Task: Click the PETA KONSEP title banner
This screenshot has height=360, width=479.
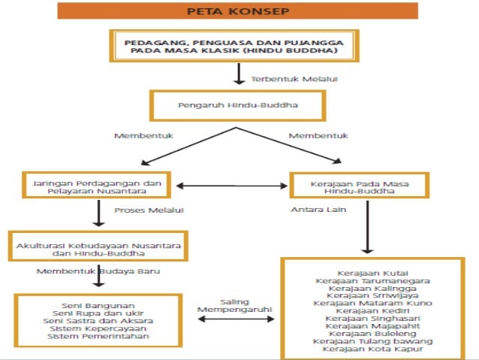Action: pos(239,12)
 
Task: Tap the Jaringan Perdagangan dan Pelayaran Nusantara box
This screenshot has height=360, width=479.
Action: pos(97,186)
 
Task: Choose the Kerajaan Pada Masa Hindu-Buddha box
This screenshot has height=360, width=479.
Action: pos(358,186)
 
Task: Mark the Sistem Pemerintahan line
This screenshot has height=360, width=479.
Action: pos(98,337)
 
